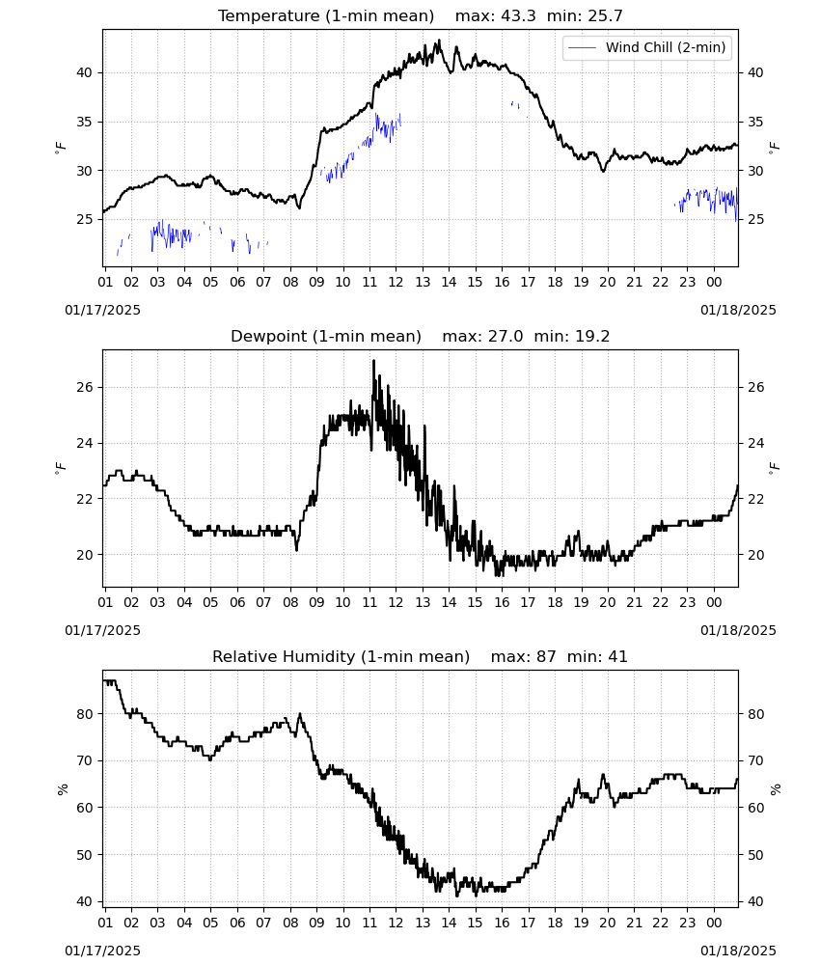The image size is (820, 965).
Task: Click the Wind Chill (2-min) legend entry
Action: click(647, 47)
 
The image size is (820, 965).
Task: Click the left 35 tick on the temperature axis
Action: click(84, 122)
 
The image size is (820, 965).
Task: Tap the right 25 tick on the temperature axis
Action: click(755, 219)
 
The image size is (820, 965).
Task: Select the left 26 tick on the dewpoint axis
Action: click(84, 387)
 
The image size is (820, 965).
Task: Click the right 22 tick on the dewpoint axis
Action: click(755, 499)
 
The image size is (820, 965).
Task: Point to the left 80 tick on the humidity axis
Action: click(84, 714)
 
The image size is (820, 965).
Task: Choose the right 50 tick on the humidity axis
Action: click(755, 855)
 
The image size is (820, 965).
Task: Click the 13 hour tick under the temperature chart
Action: click(423, 282)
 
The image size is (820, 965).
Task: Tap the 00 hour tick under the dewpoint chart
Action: click(714, 602)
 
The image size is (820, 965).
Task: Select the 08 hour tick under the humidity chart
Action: click(290, 923)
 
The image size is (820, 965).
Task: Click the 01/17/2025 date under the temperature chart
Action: click(102, 310)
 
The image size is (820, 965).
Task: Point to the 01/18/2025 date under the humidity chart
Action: click(738, 951)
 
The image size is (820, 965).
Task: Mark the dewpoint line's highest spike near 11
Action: click(373, 361)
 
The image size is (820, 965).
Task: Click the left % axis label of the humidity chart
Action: click(63, 789)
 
